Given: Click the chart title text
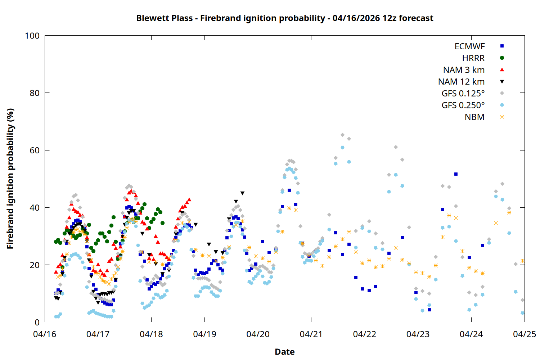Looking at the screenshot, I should tap(284, 18).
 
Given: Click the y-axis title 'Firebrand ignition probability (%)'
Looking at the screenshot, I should tap(10, 179).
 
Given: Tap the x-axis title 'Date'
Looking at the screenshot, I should tap(284, 352).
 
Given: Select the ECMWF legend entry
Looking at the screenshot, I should tap(469, 46).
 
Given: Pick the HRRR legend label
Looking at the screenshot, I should tap(473, 58).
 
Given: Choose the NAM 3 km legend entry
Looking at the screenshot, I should tap(464, 70).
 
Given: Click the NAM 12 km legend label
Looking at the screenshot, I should tap(461, 82).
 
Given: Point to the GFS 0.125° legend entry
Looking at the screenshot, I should tap(463, 94).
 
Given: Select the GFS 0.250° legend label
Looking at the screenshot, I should tap(463, 105).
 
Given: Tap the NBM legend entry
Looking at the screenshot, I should tap(474, 117).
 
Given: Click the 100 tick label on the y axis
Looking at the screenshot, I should tap(32, 36).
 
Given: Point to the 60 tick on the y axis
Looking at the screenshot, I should tap(35, 150).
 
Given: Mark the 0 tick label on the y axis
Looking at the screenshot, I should tap(37, 323).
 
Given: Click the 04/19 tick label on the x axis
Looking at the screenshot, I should tap(204, 334).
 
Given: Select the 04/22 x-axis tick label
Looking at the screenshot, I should tap(365, 334).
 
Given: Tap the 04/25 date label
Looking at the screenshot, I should tap(524, 334).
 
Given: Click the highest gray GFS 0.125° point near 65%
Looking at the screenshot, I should tap(342, 135).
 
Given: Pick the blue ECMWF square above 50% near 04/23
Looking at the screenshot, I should tap(456, 174).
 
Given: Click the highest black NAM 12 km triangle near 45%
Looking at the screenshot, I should tap(242, 193).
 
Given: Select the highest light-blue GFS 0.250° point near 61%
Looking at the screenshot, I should tap(342, 148).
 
